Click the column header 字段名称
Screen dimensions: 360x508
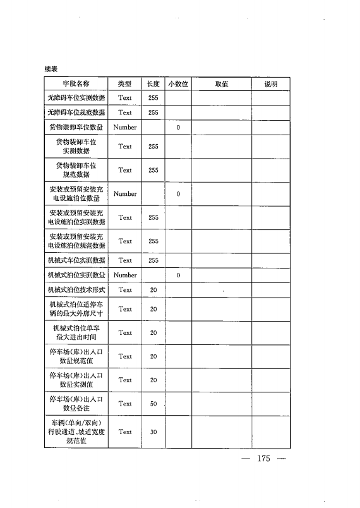[76, 83]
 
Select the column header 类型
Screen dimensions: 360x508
[124, 83]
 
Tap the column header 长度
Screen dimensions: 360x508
[153, 83]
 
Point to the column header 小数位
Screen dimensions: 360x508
[178, 83]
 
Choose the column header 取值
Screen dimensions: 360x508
[221, 83]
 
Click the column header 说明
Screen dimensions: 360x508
[270, 83]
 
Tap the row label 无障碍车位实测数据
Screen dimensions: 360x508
[76, 98]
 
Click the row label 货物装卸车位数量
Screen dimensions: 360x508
[76, 128]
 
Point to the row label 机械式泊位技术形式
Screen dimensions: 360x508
[76, 290]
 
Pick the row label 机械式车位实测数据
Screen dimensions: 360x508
[76, 260]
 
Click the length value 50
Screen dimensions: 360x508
[153, 404]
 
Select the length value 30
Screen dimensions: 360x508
[153, 432]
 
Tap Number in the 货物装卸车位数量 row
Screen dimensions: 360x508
[124, 128]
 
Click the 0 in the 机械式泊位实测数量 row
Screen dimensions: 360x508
[178, 275]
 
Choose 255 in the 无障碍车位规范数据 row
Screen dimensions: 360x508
[153, 112]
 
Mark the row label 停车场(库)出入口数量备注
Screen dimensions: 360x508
[76, 404]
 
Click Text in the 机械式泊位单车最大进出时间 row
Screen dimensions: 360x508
[124, 333]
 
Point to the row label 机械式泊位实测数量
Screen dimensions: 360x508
[76, 275]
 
